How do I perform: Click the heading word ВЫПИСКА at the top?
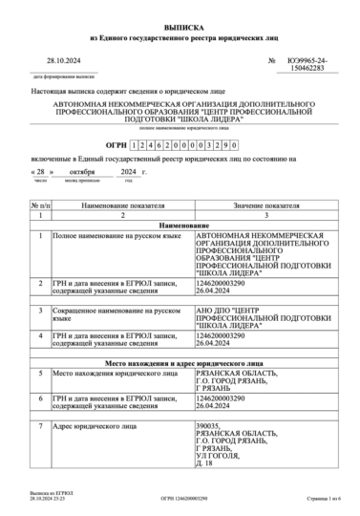pos(180,30)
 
